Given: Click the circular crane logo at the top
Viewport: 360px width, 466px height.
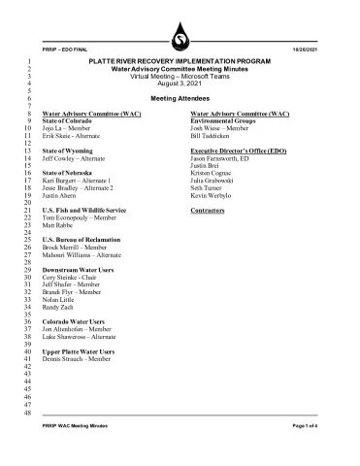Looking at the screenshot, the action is coord(179,38).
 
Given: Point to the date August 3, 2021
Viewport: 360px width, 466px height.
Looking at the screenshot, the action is coord(179,84).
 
